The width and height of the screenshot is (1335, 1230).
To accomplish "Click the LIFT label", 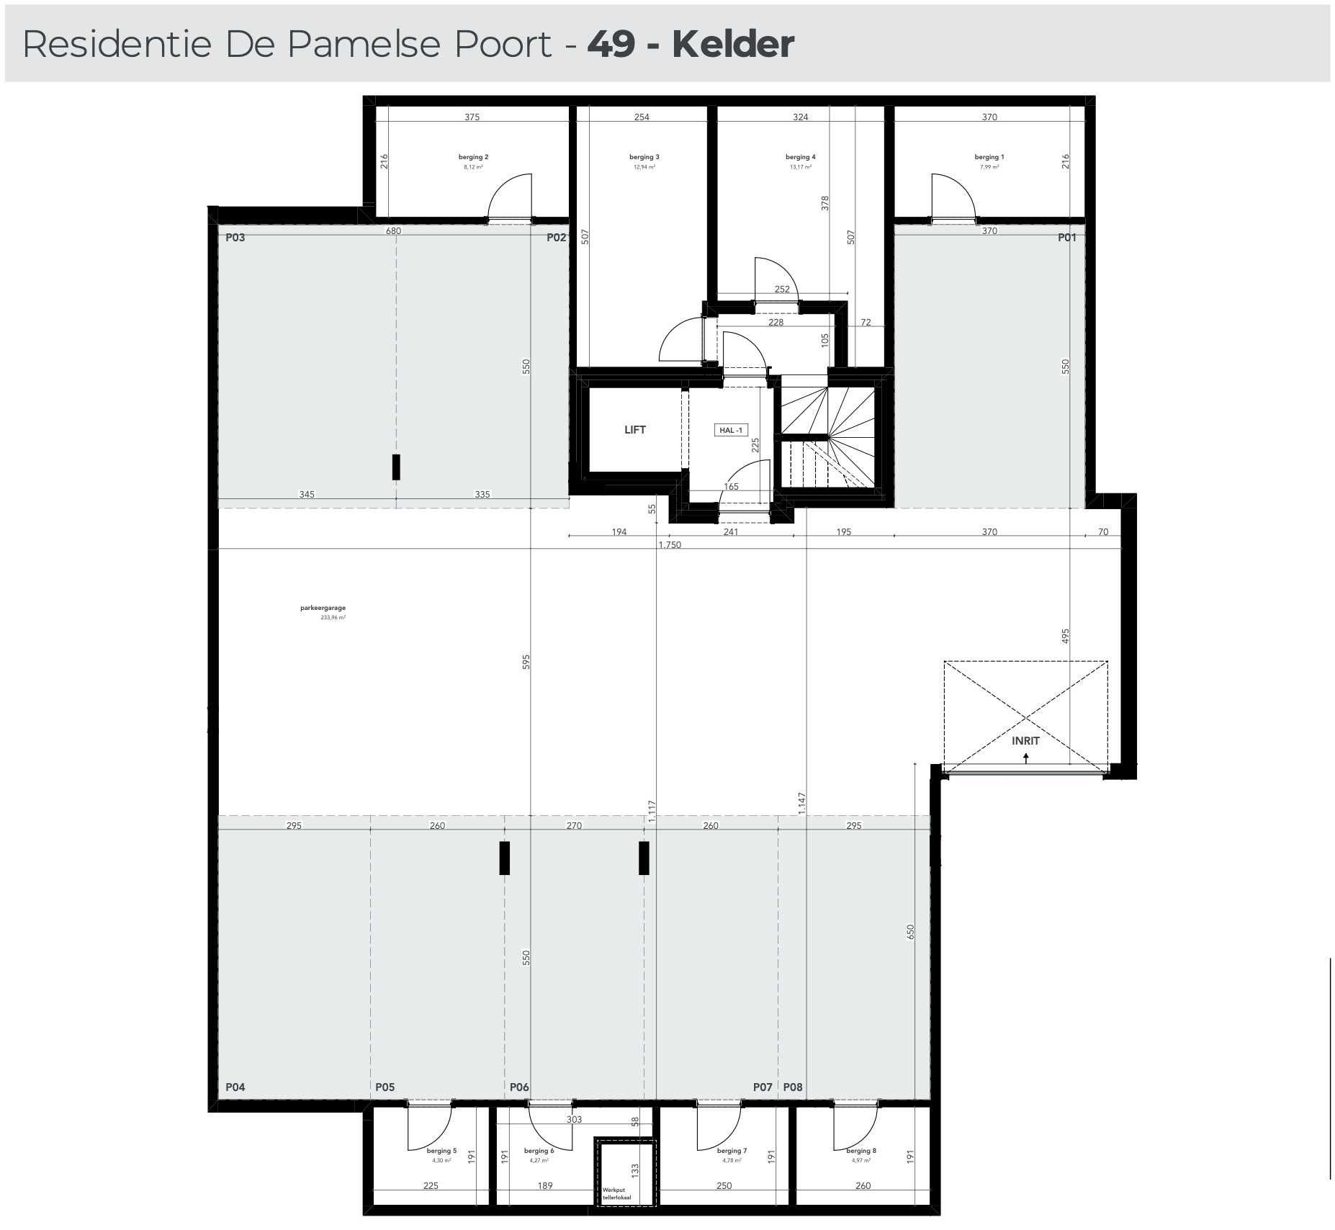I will tap(634, 430).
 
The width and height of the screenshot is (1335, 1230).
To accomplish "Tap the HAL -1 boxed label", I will tap(730, 430).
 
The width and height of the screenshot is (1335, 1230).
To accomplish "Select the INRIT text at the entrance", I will tap(1025, 740).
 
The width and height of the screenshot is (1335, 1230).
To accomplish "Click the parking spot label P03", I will tap(235, 238).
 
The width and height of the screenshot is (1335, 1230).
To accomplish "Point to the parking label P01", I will tap(1067, 238).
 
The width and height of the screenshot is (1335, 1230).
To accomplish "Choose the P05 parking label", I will tap(385, 1087).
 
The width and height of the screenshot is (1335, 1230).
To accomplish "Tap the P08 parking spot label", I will tap(793, 1087).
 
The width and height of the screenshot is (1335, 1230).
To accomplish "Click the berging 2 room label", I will tap(473, 157).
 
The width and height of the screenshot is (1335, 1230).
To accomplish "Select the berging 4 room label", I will tap(800, 157).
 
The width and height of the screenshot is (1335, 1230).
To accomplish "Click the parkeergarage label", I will tap(323, 608).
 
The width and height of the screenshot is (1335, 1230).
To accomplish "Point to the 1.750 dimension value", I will tap(669, 545).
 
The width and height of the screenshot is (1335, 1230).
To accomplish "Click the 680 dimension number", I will tap(393, 231).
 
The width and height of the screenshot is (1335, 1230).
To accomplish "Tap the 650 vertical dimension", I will tap(910, 932).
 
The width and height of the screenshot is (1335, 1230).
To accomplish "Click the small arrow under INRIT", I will tap(1025, 757).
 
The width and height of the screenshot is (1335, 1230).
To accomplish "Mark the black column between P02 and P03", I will tap(396, 467).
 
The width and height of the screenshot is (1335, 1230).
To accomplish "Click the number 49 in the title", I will tap(611, 44).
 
